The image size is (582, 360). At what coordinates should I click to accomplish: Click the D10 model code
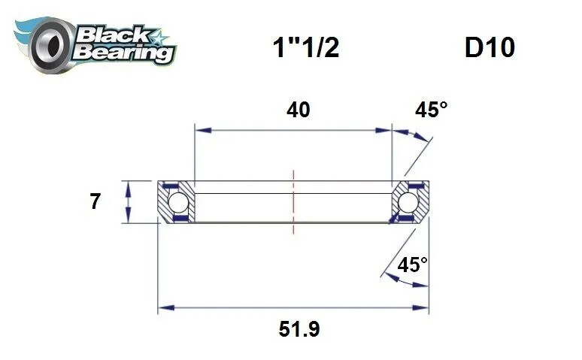click(x=490, y=48)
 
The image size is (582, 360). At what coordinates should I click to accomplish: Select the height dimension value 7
click(x=95, y=201)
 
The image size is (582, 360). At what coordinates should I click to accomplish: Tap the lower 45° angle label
click(x=412, y=265)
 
